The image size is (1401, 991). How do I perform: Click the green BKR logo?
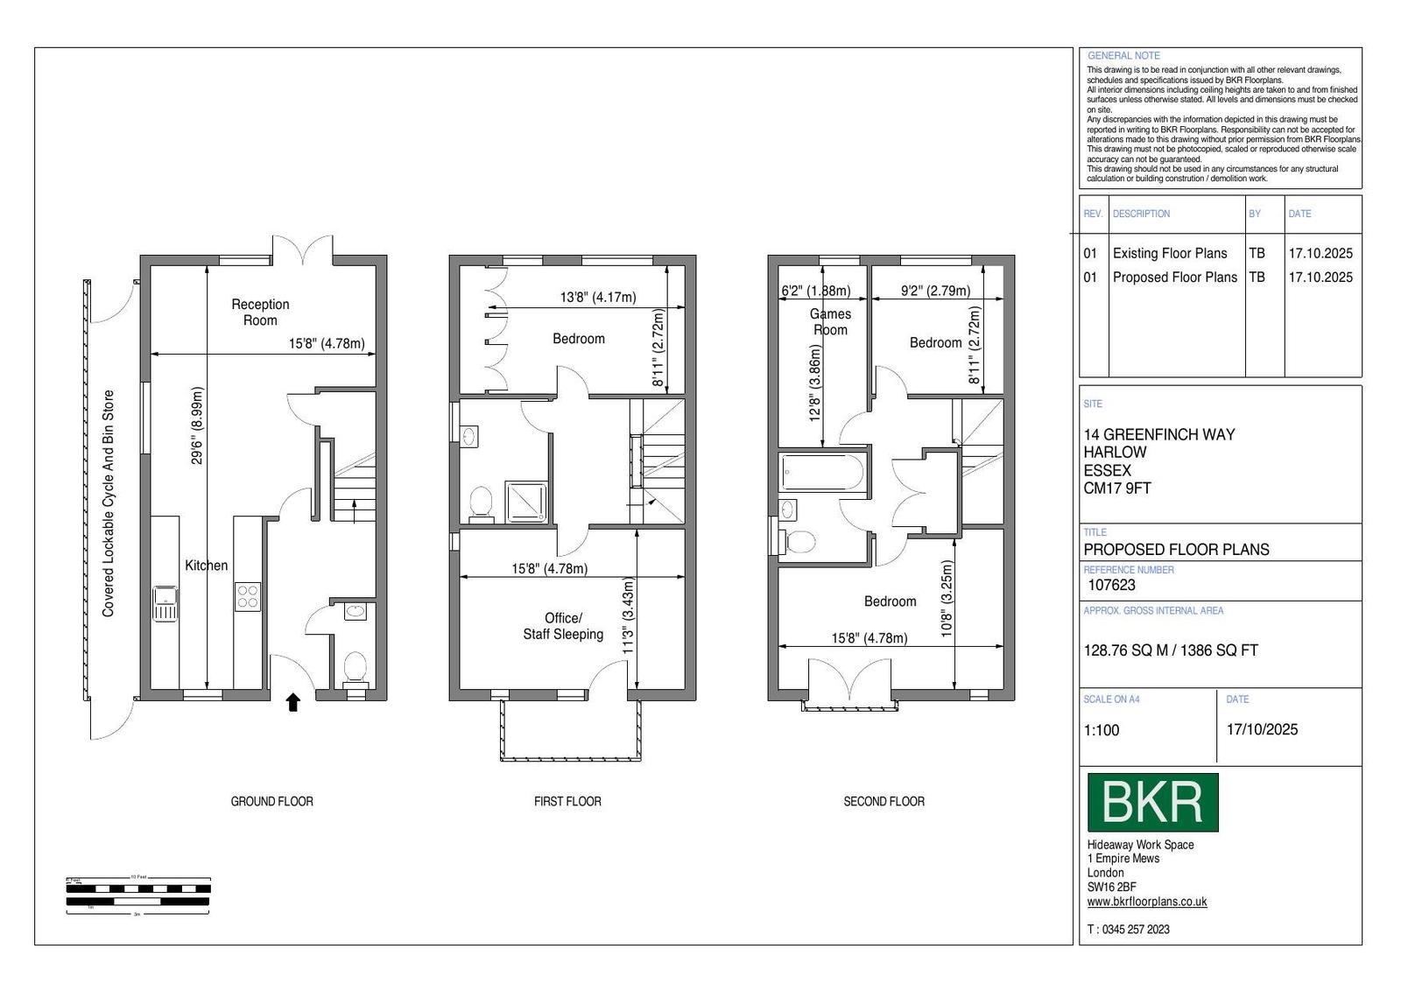click(1152, 802)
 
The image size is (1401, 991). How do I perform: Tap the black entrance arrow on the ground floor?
click(293, 702)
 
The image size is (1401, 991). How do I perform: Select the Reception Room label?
click(260, 312)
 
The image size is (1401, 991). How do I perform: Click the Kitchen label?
click(207, 566)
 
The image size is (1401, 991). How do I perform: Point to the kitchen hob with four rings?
click(247, 596)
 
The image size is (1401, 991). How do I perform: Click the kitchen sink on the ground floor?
click(165, 603)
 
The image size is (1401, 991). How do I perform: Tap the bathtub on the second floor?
click(822, 472)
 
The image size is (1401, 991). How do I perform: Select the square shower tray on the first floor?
click(526, 502)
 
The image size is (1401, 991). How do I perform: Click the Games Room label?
click(831, 322)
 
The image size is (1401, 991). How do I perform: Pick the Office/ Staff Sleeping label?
click(563, 626)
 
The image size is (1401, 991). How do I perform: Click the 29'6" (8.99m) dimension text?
click(197, 425)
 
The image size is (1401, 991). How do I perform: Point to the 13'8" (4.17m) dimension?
click(598, 297)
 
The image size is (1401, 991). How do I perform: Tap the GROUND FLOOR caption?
click(272, 802)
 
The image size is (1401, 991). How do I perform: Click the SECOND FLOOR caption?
click(884, 802)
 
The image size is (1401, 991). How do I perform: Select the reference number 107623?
click(1111, 585)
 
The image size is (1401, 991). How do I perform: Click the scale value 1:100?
click(1102, 730)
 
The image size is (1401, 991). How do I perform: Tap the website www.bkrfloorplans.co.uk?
click(1147, 902)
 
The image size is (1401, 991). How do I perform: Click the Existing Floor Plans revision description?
click(1170, 253)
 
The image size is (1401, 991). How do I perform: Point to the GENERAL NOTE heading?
click(1124, 56)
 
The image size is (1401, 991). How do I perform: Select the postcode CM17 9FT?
click(1117, 488)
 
